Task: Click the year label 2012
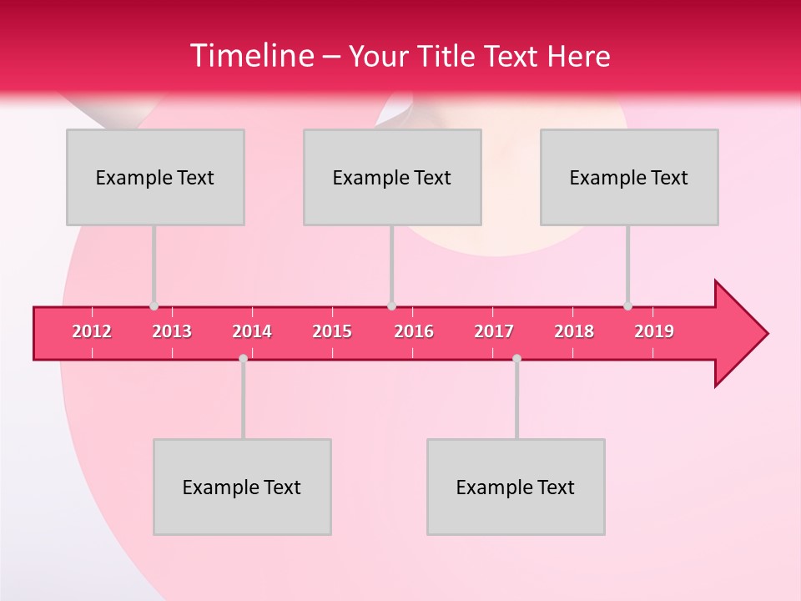tap(92, 331)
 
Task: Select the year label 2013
tap(172, 331)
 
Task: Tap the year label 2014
tap(252, 331)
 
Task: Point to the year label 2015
tap(332, 331)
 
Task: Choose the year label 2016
tap(414, 331)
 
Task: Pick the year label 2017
tap(494, 331)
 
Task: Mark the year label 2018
tap(574, 331)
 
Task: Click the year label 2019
tap(654, 331)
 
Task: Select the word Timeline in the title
tap(251, 56)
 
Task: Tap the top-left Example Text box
tap(155, 177)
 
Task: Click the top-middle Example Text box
tap(392, 177)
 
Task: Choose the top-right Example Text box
tap(629, 177)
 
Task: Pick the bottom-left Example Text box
tap(242, 487)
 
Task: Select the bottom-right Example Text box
tap(516, 487)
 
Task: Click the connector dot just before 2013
tap(154, 306)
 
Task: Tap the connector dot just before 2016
tap(392, 306)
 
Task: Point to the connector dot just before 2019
tap(627, 306)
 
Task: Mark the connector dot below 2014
tap(243, 358)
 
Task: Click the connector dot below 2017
tap(516, 358)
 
